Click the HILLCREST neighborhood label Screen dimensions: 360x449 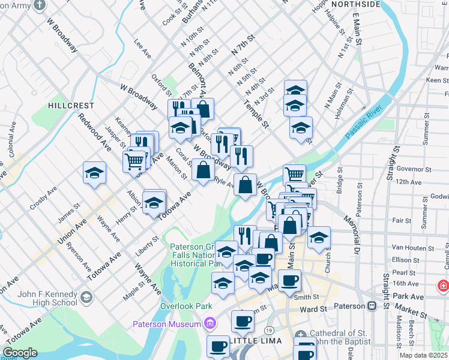click(71, 105)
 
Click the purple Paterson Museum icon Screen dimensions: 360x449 click(209, 325)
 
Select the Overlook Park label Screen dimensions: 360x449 click(181, 306)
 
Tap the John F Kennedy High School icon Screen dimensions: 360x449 click(87, 297)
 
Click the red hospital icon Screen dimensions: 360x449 click(443, 286)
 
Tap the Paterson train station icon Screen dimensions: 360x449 click(372, 305)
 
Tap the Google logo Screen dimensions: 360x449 click(20, 353)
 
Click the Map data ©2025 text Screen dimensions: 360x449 click(423, 355)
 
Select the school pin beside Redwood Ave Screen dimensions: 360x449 click(95, 173)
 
